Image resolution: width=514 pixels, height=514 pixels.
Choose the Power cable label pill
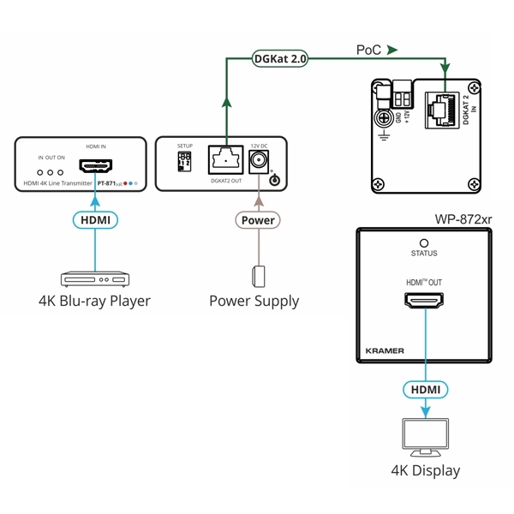[x=258, y=220]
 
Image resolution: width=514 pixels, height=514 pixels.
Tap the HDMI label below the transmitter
[x=95, y=220]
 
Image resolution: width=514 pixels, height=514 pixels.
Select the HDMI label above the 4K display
[x=425, y=389]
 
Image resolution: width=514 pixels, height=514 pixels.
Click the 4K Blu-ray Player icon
[x=94, y=279]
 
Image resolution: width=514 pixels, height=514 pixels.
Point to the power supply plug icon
[x=257, y=277]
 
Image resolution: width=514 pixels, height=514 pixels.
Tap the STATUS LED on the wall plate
[x=424, y=242]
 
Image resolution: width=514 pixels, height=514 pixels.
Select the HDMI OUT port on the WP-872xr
[x=424, y=302]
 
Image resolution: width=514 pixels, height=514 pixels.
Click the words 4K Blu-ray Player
[x=94, y=301]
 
